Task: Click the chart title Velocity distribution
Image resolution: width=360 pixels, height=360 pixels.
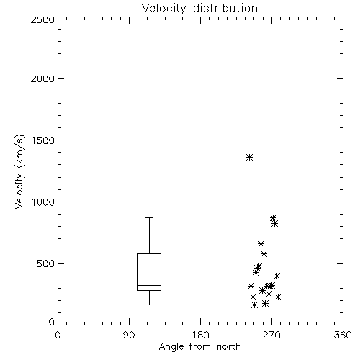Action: click(x=199, y=9)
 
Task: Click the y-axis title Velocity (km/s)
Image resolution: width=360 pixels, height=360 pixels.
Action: click(x=19, y=171)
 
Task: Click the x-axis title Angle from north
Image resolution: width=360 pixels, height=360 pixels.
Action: click(x=199, y=347)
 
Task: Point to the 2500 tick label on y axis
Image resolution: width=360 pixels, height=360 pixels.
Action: click(x=42, y=19)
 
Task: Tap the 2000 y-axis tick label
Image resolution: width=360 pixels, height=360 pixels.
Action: click(x=42, y=78)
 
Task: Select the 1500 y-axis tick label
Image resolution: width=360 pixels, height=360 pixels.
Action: click(x=43, y=140)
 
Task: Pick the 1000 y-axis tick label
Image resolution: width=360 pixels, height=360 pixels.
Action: click(x=43, y=202)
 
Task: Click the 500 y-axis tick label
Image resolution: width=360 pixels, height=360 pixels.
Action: click(x=45, y=264)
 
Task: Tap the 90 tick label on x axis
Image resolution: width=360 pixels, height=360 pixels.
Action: click(x=129, y=335)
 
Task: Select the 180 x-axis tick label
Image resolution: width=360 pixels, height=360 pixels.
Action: click(x=199, y=335)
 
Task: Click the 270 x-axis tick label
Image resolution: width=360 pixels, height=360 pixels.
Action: click(x=271, y=335)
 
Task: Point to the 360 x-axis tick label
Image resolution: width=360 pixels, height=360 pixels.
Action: click(x=343, y=335)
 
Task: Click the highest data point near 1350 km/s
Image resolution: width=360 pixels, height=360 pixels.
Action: click(x=249, y=158)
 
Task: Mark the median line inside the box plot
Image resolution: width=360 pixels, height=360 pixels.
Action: click(x=149, y=285)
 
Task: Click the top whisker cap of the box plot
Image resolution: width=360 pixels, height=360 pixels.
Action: click(x=149, y=217)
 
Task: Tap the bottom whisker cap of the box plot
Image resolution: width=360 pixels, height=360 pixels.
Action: click(x=149, y=305)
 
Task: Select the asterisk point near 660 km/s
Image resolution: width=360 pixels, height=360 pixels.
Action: click(x=261, y=244)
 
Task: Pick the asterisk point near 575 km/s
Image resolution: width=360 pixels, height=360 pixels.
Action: click(x=264, y=253)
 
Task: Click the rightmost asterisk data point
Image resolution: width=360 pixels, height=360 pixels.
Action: click(x=278, y=297)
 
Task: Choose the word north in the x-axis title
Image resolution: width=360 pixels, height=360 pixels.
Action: click(x=229, y=347)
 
